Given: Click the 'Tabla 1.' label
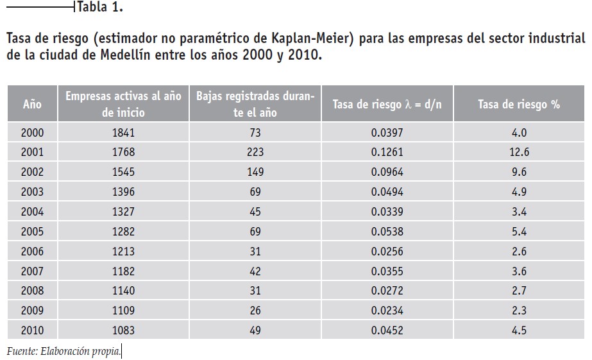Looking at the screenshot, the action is [100, 7].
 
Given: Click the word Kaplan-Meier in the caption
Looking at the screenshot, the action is [312, 38].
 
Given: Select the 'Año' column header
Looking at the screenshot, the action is [32, 104].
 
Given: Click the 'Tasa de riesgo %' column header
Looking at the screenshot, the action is [519, 104].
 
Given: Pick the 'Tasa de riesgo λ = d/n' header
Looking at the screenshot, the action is [387, 104].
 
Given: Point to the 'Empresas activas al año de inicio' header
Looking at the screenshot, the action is [123, 104].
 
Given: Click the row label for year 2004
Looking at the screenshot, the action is [32, 212].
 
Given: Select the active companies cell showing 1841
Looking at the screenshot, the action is [123, 133].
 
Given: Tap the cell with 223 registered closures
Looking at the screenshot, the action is [255, 152].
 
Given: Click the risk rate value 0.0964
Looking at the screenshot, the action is [387, 172].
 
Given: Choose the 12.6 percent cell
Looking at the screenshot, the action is [519, 152].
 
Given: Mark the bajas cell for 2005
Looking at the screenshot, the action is [255, 231].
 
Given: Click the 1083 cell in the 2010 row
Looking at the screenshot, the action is [123, 330].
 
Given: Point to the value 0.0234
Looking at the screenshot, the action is [387, 311].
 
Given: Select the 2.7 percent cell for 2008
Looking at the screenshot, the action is [519, 291].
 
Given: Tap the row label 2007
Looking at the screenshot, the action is [32, 271].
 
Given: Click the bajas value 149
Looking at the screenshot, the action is [255, 172].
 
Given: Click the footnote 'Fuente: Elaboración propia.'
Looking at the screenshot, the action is [63, 351].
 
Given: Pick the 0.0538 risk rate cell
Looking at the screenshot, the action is [387, 231].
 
